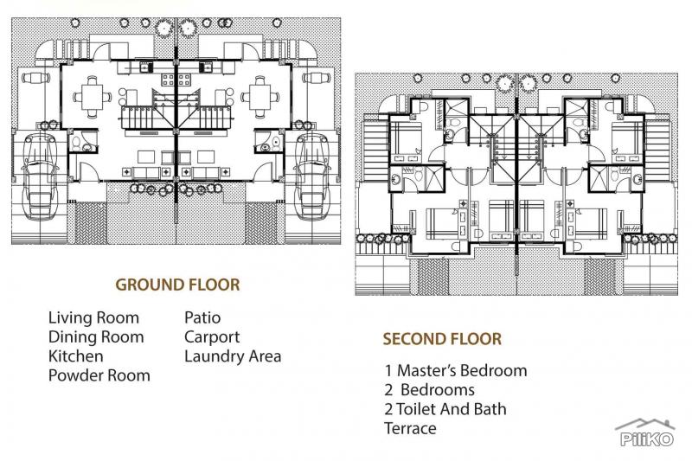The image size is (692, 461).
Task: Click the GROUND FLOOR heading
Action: coord(177,285)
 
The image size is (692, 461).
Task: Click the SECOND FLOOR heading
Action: coord(442,339)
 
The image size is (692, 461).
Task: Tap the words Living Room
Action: coord(93,317)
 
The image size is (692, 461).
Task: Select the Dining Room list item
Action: coord(96,337)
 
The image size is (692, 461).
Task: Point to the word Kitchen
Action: coord(76,356)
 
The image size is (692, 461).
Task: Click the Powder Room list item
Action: coord(99,375)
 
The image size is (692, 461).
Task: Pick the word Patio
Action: coord(202,317)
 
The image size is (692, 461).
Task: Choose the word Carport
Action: coord(212,337)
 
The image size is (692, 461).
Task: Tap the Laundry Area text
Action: coord(233,356)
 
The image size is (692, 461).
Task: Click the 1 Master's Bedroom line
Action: coord(456,370)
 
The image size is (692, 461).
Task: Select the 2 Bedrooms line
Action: coord(429,390)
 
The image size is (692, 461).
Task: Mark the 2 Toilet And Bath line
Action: coord(445,409)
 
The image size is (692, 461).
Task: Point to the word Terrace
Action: coord(410,428)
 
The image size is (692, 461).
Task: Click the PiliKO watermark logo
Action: coord(645,433)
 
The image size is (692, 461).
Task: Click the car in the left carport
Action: coord(40,176)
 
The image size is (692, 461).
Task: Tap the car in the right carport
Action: coord(312,176)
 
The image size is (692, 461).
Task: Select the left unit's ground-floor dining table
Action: coord(93,97)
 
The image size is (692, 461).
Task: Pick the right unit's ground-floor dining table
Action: coord(260,97)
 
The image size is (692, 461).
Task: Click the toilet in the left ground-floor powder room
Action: coord(76,143)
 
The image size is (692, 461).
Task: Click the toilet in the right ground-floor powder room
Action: coord(276,143)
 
